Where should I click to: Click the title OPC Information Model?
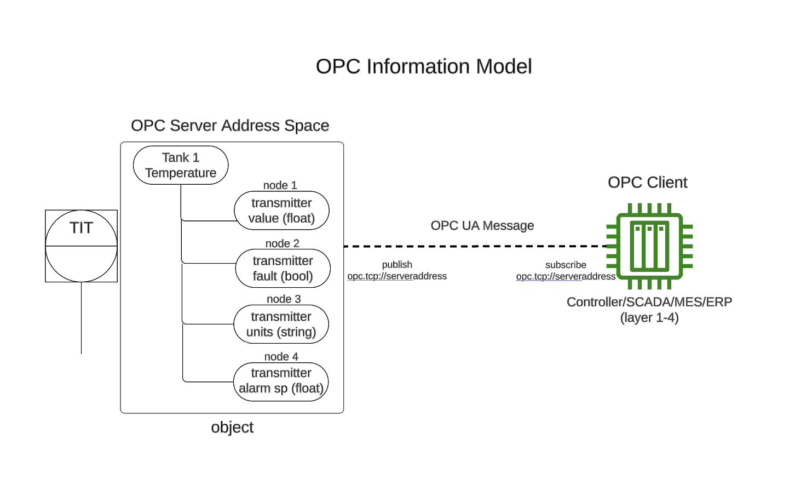[423, 66]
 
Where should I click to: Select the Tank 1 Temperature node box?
[181, 165]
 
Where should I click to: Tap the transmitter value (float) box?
[281, 210]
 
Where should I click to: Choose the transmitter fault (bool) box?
[283, 269]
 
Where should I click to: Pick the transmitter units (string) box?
[281, 324]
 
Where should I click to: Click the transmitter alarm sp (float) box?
[281, 381]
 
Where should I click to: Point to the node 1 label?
[280, 185]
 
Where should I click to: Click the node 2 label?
[282, 243]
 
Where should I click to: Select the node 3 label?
[284, 299]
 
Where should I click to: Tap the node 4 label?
[281, 356]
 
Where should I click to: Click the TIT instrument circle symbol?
[81, 246]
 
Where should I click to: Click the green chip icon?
[649, 246]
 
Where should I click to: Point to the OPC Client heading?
[647, 183]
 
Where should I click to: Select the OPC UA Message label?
[482, 226]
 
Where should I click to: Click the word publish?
[397, 265]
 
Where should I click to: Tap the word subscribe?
[566, 265]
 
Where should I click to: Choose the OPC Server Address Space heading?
[230, 126]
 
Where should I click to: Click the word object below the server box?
[232, 427]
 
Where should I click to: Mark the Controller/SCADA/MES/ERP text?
[649, 302]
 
